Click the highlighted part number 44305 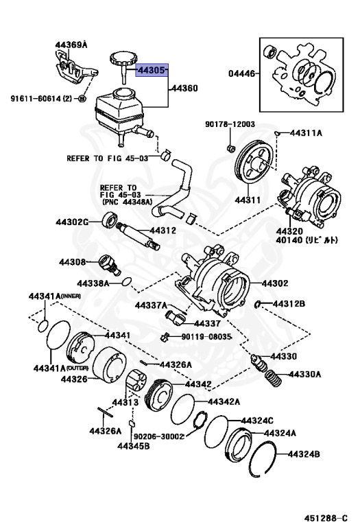pos(152,70)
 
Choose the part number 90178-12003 pos(230,124)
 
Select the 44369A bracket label pos(71,45)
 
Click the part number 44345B pos(134,447)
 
